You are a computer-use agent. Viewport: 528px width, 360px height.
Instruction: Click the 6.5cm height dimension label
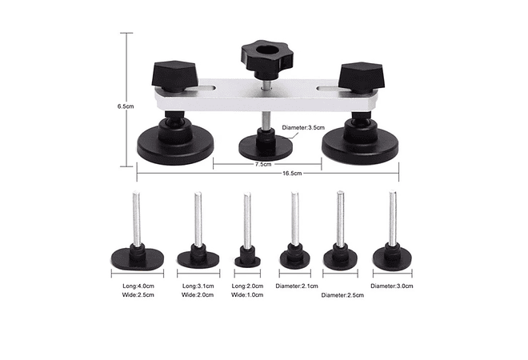pos(126,106)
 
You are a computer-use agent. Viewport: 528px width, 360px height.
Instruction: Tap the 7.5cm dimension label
pos(263,164)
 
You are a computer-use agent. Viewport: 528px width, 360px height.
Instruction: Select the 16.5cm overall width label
pos(292,174)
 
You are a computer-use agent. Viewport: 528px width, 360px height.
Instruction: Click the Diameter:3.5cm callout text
pos(303,128)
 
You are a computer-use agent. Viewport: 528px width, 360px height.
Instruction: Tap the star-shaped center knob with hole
pos(266,54)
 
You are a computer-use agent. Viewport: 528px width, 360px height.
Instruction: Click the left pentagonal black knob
pos(174,74)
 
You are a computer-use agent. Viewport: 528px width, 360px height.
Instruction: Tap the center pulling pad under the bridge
pos(266,147)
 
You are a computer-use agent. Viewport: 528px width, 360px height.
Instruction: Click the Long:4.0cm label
pos(138,286)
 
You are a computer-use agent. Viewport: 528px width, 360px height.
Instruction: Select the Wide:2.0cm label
pos(198,294)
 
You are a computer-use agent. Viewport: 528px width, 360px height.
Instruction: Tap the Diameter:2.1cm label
pos(297,286)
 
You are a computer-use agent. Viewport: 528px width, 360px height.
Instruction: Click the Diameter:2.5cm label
pos(342,295)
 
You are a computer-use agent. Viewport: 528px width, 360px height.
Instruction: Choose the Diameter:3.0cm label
pos(392,286)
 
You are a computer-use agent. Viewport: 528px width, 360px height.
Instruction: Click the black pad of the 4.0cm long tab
pos(138,259)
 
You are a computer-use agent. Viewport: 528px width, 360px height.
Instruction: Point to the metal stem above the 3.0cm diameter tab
pos(392,218)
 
